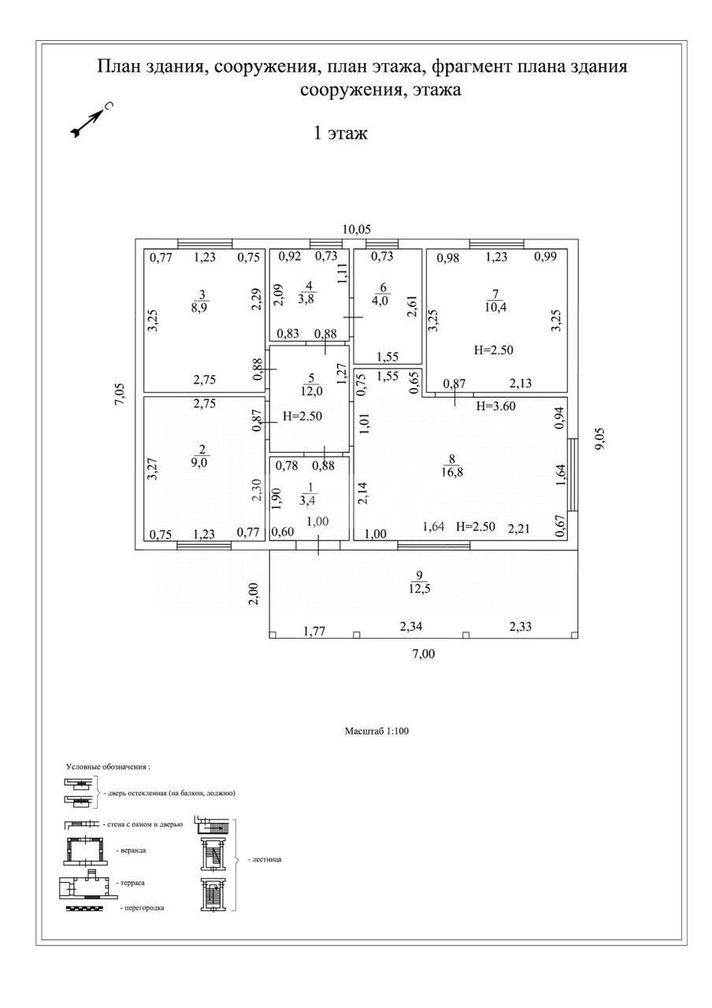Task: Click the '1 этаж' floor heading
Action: (341, 134)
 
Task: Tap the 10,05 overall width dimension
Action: (356, 229)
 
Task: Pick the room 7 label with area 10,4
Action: (496, 301)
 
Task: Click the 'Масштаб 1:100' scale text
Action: (376, 732)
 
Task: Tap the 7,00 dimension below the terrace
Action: (424, 653)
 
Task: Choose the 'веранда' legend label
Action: (131, 851)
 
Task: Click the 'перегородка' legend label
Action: (143, 908)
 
